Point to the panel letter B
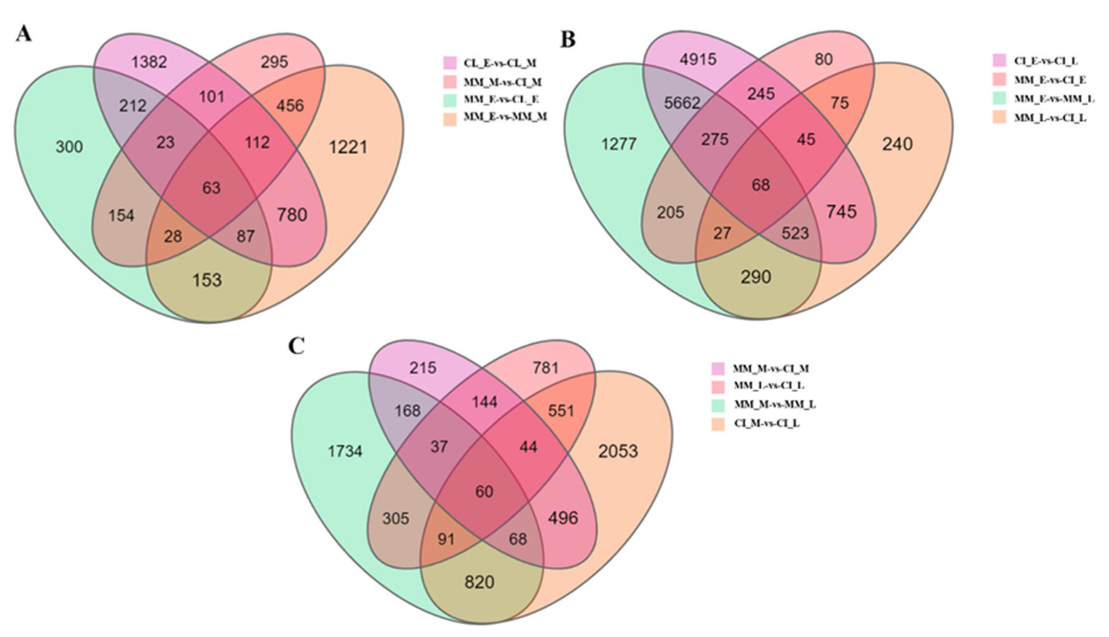tap(568, 40)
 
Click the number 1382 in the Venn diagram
tap(150, 62)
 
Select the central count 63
tap(211, 188)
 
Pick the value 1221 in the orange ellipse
tap(348, 147)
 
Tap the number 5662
tap(682, 103)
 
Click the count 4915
tap(698, 59)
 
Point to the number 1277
tap(619, 144)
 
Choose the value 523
tap(795, 233)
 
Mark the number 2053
tap(618, 451)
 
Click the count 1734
tap(345, 451)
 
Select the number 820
tap(479, 582)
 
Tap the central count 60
tap(484, 492)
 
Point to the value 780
tap(292, 215)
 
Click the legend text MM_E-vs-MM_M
tap(505, 117)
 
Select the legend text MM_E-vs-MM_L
tap(1054, 99)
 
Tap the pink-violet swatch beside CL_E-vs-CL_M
tap(450, 63)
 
